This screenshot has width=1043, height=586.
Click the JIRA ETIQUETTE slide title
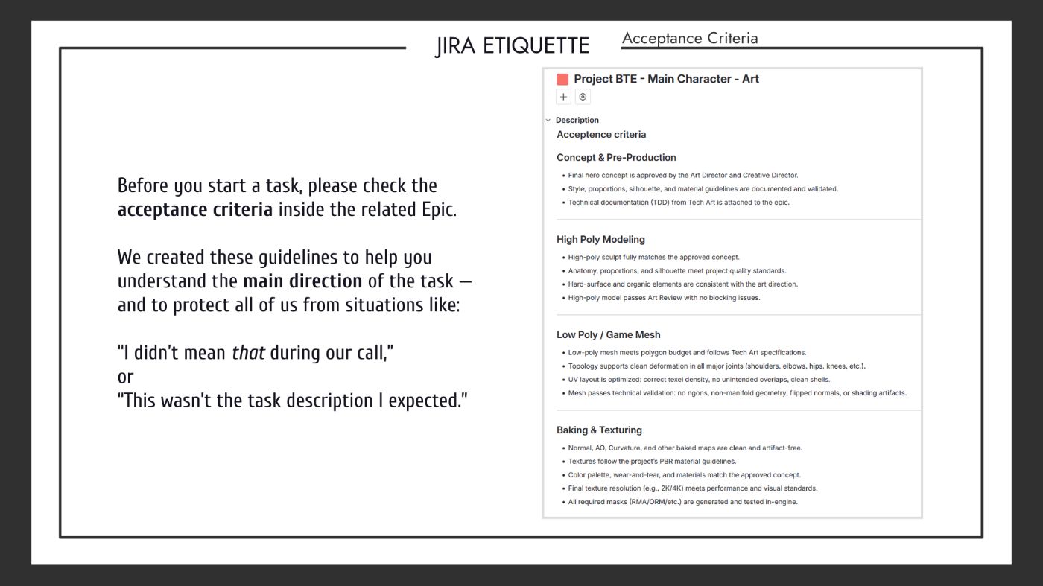(513, 46)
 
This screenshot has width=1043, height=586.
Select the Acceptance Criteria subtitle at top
(690, 39)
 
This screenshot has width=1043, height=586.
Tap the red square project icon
(562, 79)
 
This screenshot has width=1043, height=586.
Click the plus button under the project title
(563, 97)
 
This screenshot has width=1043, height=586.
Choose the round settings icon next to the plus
(583, 97)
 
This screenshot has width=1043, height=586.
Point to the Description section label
(577, 120)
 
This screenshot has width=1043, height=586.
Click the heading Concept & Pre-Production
(616, 157)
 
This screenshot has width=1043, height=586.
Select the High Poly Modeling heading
(600, 239)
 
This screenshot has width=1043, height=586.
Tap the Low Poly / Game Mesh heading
(608, 334)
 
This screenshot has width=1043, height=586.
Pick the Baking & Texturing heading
(599, 430)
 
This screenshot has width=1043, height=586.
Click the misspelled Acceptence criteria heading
(601, 135)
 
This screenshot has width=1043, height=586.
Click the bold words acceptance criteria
(195, 209)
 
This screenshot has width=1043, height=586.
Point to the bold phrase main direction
(302, 281)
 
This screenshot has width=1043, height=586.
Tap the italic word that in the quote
(248, 352)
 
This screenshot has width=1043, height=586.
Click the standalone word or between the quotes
(125, 377)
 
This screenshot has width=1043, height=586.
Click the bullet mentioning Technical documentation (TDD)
(679, 203)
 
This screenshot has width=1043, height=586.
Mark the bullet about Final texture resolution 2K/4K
(692, 488)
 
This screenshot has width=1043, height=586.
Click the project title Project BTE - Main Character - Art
(666, 79)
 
